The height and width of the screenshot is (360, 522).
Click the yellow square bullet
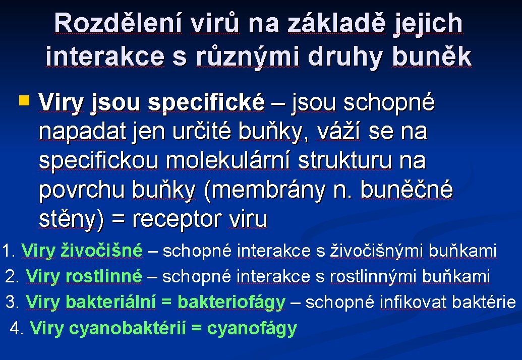coord(24,100)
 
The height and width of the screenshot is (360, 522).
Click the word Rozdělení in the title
coord(118,23)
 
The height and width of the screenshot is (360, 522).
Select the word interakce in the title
coord(105,56)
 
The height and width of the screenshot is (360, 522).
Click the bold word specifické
coord(206,102)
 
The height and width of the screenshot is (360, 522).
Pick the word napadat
coord(83,132)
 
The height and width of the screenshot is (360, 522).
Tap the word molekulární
coord(227,160)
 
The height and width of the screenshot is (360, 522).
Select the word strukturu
coord(344,160)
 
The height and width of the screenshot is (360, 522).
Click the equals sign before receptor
coord(118,219)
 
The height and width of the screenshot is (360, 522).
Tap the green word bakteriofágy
coord(231,302)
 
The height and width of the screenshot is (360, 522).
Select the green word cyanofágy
coord(252,328)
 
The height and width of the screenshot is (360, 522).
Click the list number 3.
coord(13,302)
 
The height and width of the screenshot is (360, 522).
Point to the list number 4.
coord(17,328)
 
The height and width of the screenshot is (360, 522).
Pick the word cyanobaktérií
coord(128,328)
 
